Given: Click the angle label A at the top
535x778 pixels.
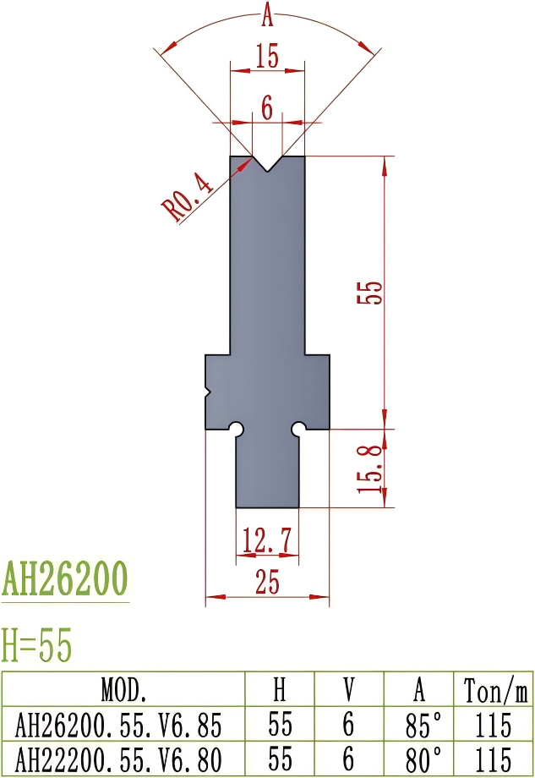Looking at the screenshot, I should click(268, 14).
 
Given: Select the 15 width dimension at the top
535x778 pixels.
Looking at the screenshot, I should click(267, 58).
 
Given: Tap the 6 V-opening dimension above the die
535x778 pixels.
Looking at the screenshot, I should click(267, 107).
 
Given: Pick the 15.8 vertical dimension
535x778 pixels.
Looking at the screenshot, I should click(374, 468).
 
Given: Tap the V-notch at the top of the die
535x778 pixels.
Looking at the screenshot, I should click(268, 163).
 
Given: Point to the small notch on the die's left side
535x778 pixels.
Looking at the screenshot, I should click(208, 392).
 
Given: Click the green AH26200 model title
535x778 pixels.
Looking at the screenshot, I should click(65, 579).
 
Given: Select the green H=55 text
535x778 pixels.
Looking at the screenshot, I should click(37, 646).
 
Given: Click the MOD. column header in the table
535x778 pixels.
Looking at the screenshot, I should click(124, 691).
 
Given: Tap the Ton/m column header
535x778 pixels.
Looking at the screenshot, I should click(495, 691).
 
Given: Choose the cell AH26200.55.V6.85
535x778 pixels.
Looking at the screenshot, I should click(124, 725).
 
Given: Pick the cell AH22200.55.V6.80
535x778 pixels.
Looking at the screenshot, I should click(124, 758).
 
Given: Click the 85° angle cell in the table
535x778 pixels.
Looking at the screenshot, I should click(420, 725).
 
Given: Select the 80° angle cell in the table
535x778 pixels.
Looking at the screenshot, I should click(420, 758).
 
